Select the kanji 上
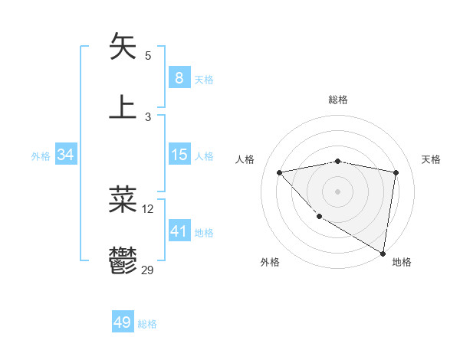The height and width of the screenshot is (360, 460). [123, 107]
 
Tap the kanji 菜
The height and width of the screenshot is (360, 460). [123, 200]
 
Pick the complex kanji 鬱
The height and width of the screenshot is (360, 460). [123, 260]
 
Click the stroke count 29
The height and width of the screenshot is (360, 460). [148, 270]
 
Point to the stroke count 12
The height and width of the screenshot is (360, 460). [148, 208]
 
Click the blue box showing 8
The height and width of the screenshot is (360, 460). [179, 78]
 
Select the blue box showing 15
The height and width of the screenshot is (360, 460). [179, 155]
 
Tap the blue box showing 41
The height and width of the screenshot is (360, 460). [179, 231]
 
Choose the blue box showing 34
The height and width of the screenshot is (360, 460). [65, 155]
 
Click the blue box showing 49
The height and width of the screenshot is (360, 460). [123, 323]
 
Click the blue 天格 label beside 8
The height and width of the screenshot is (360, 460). [204, 80]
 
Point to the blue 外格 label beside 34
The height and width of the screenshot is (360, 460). [41, 156]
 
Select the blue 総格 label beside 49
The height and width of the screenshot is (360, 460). [147, 324]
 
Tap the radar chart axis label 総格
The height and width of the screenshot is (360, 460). [337, 100]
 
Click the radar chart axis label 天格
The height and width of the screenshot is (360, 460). [432, 159]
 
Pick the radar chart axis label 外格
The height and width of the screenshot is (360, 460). [270, 263]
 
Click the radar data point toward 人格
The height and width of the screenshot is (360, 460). [279, 172]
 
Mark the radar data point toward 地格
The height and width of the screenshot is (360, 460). [383, 254]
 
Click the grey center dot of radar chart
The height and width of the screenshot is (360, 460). [337, 191]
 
